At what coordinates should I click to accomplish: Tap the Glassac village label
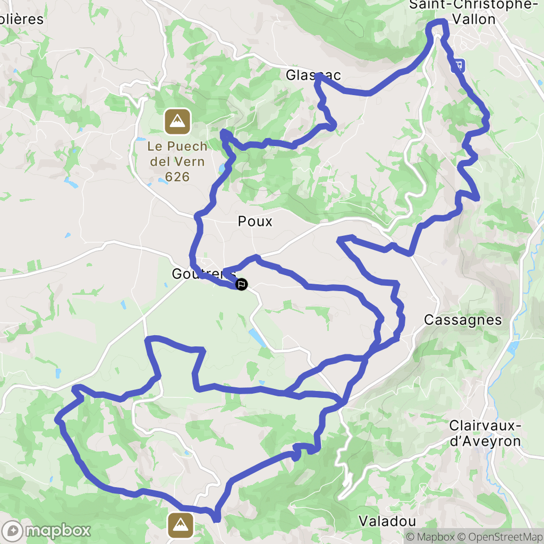[x=313, y=75]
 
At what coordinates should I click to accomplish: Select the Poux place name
[x=255, y=221]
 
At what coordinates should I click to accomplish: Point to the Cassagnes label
[x=463, y=320]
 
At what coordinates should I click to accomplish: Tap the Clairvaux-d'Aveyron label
[x=484, y=433]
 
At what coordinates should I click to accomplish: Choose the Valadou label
[x=387, y=521]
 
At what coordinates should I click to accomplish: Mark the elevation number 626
[x=177, y=176]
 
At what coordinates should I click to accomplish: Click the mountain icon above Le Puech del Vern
[x=177, y=122]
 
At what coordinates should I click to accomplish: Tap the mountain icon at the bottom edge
[x=181, y=525]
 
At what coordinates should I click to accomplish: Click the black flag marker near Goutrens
[x=241, y=284]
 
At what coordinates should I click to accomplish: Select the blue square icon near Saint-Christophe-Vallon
[x=458, y=65]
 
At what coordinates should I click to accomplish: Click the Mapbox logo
[x=47, y=530]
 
